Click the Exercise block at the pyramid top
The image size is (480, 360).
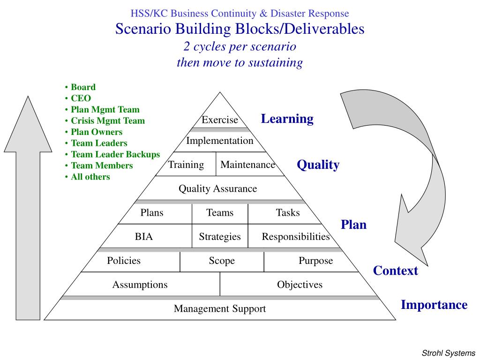click(x=220, y=120)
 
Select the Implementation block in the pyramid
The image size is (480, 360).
click(x=220, y=141)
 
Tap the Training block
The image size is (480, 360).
click(x=186, y=165)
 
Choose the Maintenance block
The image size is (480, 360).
click(x=247, y=165)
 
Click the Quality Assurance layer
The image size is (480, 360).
click(x=218, y=189)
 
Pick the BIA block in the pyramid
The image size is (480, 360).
click(x=144, y=237)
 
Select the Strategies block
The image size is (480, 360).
click(x=220, y=237)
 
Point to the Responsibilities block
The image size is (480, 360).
click(x=295, y=237)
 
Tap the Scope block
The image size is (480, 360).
click(x=222, y=261)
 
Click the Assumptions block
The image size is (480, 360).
click(x=140, y=285)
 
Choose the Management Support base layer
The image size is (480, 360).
click(x=220, y=309)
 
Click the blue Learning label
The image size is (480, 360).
click(x=287, y=119)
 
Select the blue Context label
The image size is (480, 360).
click(x=395, y=271)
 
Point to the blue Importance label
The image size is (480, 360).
click(x=434, y=305)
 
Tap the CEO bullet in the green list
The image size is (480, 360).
click(x=81, y=98)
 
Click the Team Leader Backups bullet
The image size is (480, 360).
click(x=115, y=154)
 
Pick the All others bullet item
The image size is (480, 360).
click(x=90, y=177)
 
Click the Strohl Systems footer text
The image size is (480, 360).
click(x=449, y=353)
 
